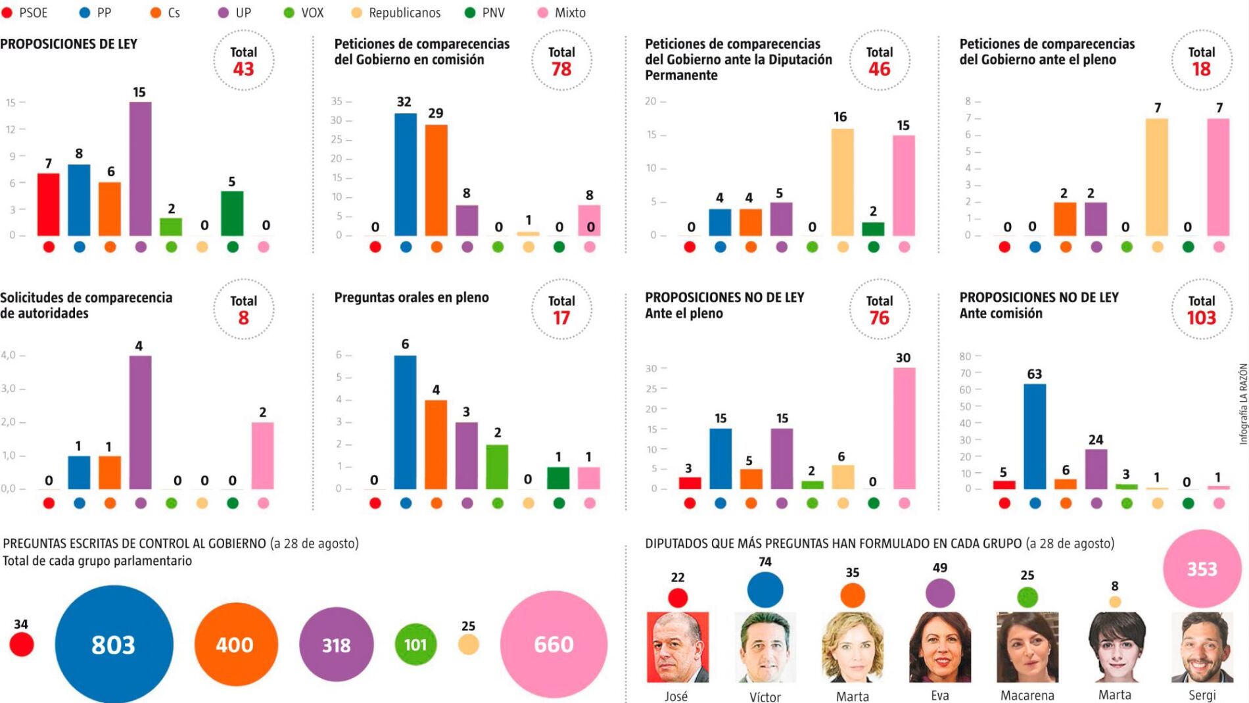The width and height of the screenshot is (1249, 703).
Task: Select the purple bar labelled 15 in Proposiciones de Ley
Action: pos(140,168)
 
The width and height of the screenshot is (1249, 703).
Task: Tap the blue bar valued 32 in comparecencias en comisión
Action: pos(405,174)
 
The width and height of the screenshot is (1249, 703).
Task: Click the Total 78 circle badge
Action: pos(561,61)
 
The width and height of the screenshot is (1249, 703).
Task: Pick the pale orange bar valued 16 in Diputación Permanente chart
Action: pos(842,182)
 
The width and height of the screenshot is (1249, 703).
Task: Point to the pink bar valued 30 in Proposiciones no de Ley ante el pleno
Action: pos(904,428)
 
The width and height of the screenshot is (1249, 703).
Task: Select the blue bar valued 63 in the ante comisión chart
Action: pos(1035,436)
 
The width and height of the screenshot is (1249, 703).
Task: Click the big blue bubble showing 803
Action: pos(114,644)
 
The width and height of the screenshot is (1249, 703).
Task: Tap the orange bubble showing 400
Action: pos(235,644)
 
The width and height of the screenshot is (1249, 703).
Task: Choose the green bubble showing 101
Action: pos(415,644)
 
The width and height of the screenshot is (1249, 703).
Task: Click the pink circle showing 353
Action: pos(1202,569)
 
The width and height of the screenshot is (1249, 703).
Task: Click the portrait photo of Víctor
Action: pos(765,647)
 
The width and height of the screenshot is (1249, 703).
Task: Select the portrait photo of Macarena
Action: pos(1027,647)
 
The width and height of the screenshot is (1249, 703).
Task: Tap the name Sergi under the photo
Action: pos(1202,695)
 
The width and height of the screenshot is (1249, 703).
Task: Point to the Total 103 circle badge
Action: pos(1201,310)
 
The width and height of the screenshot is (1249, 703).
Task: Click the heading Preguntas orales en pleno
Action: pos(412,297)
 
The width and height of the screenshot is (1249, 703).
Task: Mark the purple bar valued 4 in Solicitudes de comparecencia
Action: pos(140,422)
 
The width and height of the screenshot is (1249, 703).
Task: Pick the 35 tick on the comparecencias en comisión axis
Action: pos(337,101)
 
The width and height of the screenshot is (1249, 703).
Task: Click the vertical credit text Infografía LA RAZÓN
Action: pos(1242,404)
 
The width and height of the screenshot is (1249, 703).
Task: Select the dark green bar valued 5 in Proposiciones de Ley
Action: pos(232,213)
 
